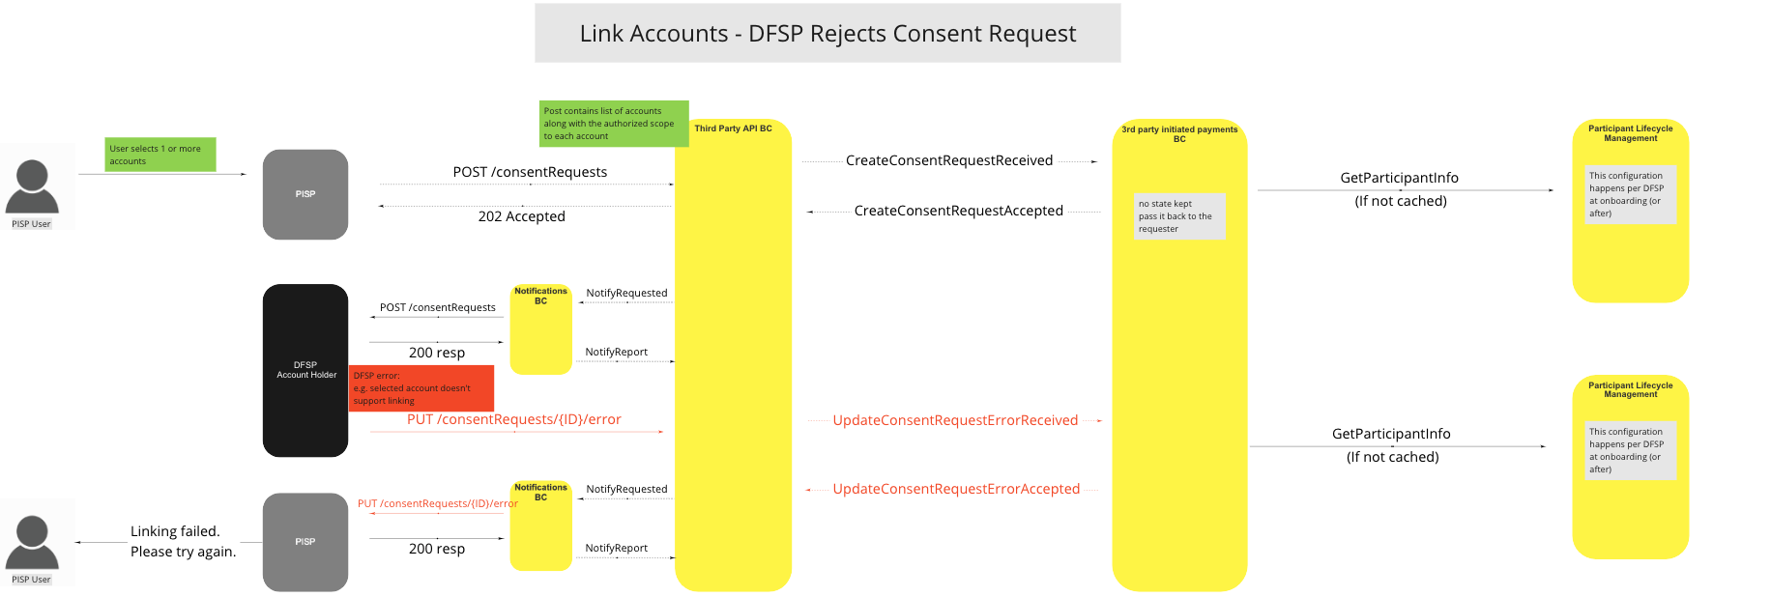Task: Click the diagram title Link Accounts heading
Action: pos(827,34)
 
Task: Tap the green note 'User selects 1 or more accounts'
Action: pos(160,155)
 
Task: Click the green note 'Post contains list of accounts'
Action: pos(613,124)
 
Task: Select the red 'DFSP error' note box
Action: pos(421,387)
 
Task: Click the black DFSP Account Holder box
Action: pos(305,370)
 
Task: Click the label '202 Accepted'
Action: pos(521,216)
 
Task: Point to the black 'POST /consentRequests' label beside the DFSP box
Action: pos(437,307)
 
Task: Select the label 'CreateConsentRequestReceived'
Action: pos(948,160)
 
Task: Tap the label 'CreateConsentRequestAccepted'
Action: pos(958,211)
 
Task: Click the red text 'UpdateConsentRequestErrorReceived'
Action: pos(955,420)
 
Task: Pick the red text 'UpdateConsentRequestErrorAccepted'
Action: pos(956,489)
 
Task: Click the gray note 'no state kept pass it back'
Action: pos(1178,216)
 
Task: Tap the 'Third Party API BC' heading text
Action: pos(733,128)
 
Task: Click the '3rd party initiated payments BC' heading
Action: pos(1179,133)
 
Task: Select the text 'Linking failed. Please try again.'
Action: pos(183,541)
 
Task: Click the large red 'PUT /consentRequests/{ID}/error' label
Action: pos(513,419)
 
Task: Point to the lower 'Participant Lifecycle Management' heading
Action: pos(1630,389)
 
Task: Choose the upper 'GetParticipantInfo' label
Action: pos(1399,178)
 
